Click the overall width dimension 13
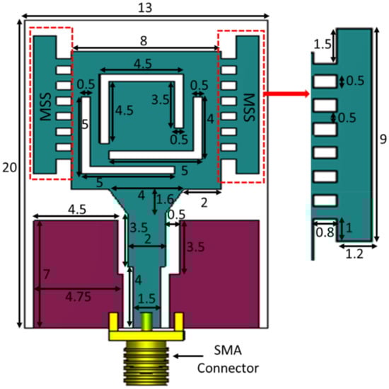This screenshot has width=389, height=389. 145,8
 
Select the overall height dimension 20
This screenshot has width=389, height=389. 9,167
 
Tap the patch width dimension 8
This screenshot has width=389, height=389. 144,41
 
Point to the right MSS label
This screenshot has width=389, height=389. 249,108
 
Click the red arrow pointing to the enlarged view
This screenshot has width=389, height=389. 286,94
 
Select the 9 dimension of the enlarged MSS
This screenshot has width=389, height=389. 383,139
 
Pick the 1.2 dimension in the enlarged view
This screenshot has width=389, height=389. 354,254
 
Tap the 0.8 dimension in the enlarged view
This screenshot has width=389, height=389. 325,232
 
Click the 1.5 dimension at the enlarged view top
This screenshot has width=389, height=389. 323,45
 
